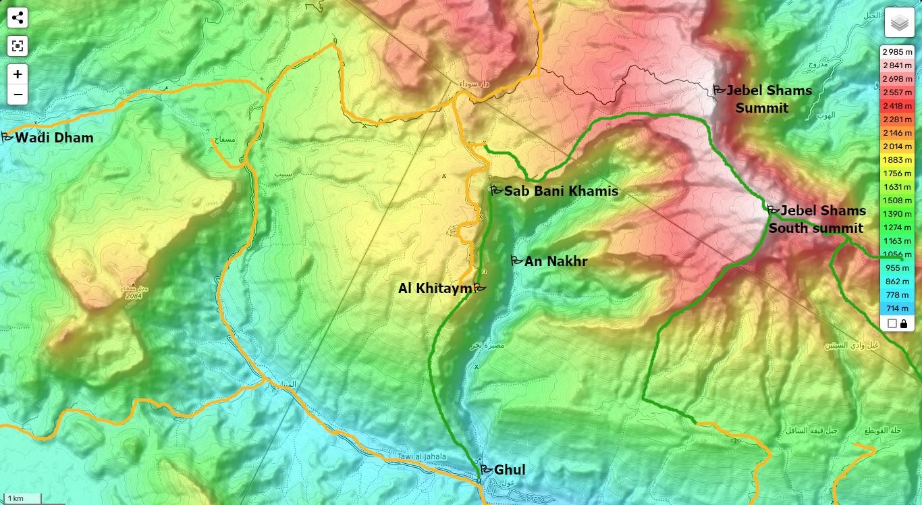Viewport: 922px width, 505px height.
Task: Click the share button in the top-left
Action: click(18, 18)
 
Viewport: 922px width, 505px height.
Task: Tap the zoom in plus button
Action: click(18, 74)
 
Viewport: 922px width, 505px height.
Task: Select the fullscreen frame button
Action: click(18, 46)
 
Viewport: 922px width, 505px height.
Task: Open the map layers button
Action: click(899, 23)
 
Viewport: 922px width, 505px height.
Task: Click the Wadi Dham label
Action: click(54, 138)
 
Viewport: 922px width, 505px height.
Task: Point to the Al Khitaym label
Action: click(435, 289)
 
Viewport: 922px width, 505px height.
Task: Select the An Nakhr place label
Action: click(555, 261)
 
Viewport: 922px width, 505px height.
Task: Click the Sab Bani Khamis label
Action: click(560, 191)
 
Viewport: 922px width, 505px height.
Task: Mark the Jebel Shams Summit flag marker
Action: click(720, 89)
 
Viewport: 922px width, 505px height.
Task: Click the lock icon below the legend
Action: click(904, 323)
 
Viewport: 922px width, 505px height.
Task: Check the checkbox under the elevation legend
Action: click(892, 323)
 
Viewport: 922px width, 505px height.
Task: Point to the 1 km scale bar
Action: click(20, 499)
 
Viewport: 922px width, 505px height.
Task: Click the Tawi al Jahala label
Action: click(422, 457)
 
